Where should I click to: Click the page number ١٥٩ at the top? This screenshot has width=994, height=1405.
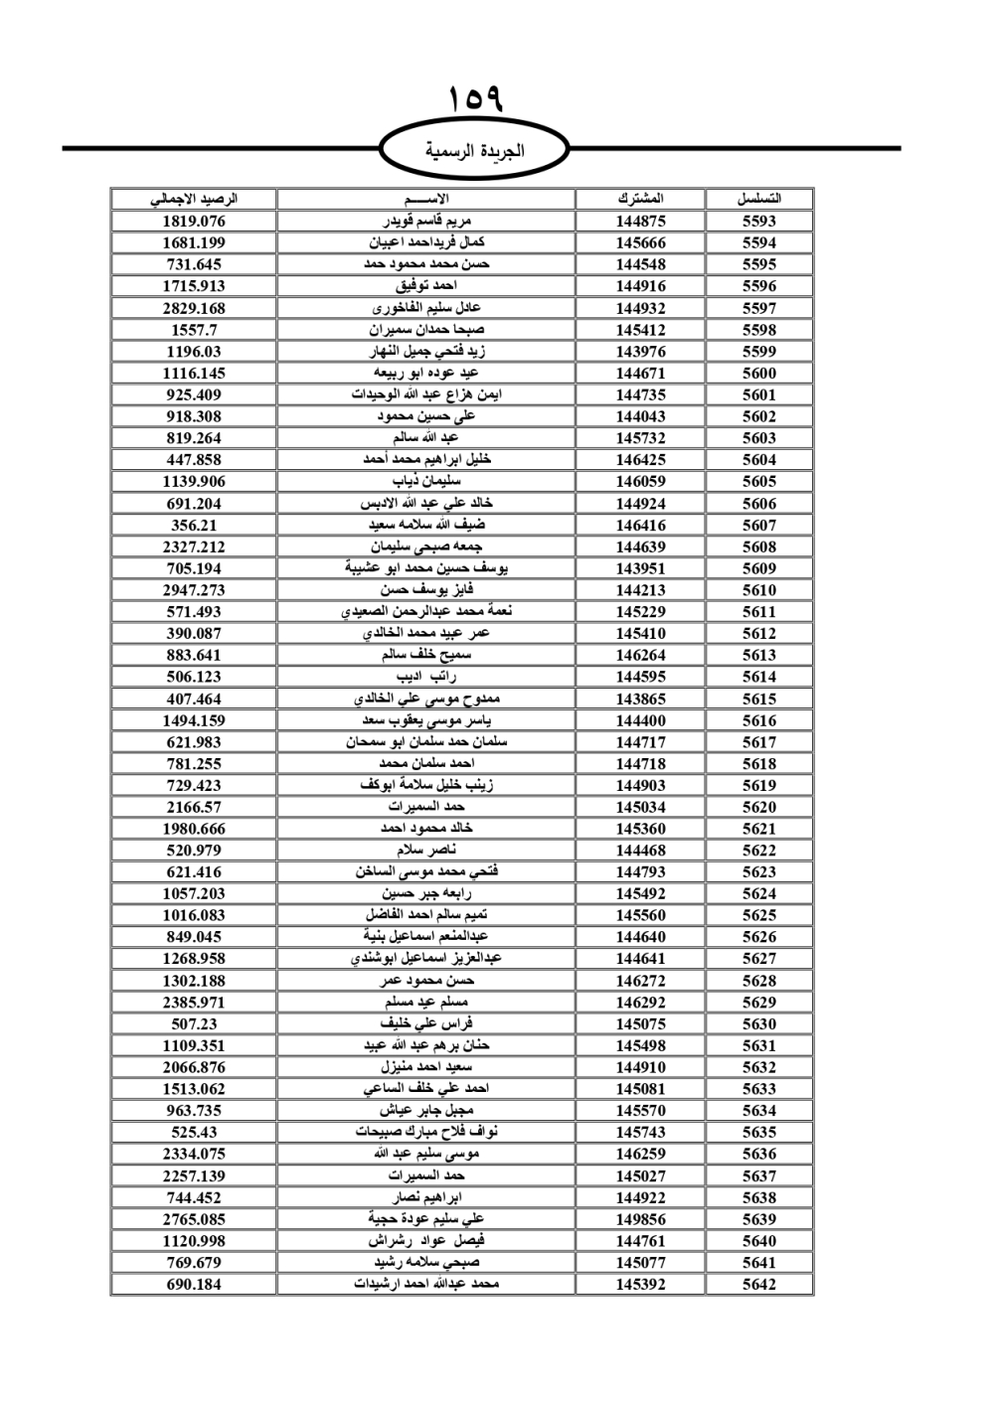(x=476, y=98)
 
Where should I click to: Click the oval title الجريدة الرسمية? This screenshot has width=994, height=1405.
(x=475, y=151)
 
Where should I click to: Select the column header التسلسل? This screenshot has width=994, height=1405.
(x=758, y=199)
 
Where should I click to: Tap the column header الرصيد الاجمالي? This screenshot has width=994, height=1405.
(x=194, y=199)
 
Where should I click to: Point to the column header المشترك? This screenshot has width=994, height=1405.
(x=640, y=199)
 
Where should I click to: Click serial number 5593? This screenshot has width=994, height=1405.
(x=758, y=222)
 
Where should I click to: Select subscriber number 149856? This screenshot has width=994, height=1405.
(x=640, y=1219)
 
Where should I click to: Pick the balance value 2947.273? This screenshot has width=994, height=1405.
(x=194, y=590)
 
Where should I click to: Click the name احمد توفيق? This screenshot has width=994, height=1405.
(x=426, y=286)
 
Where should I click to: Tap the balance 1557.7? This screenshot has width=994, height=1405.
(x=194, y=330)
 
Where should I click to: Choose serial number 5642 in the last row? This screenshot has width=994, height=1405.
(x=758, y=1284)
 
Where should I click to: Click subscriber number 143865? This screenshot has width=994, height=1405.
(x=640, y=699)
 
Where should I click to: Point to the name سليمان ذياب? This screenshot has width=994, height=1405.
(x=426, y=481)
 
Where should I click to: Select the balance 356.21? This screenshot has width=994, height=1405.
(x=194, y=525)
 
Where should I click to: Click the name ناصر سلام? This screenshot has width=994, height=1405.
(x=426, y=851)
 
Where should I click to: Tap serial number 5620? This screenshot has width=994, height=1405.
(x=758, y=807)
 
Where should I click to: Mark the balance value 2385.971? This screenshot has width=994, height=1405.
(x=194, y=1003)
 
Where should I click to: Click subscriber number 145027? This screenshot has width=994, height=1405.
(x=640, y=1175)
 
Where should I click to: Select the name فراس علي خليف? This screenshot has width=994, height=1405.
(x=426, y=1023)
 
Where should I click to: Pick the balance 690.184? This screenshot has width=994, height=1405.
(x=194, y=1284)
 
